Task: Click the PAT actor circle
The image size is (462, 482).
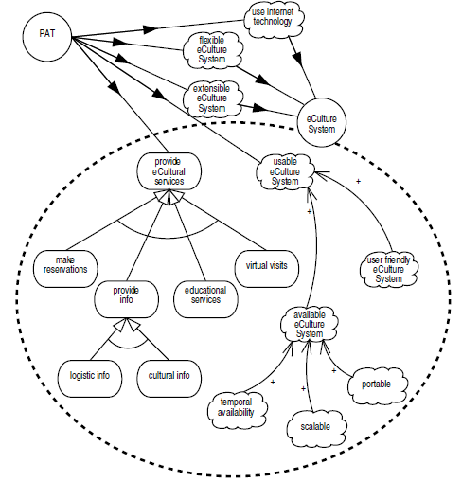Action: [x=47, y=37]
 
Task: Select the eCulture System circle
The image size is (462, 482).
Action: [x=322, y=122]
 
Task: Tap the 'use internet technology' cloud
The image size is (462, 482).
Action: [x=274, y=19]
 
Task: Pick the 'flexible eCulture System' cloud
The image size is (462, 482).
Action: [x=212, y=50]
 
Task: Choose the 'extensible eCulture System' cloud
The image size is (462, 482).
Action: [x=212, y=98]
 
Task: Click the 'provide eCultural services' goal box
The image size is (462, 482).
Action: [x=169, y=171]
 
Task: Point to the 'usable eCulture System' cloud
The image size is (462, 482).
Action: [x=285, y=171]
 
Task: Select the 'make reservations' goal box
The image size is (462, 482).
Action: [x=65, y=269]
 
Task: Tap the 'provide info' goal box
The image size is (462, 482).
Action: [x=126, y=299]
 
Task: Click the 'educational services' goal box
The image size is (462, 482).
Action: [x=205, y=299]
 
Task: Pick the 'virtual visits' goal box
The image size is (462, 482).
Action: [x=267, y=269]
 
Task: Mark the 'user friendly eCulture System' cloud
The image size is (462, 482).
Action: [x=389, y=269]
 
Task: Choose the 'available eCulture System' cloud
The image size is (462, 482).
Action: [x=310, y=324]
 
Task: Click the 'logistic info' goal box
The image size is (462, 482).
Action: [x=90, y=379]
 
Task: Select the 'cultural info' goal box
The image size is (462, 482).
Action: [x=169, y=379]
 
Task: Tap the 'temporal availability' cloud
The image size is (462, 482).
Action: [x=237, y=410]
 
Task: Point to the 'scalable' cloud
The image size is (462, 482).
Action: [x=316, y=429]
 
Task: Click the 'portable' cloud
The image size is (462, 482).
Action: [x=378, y=385]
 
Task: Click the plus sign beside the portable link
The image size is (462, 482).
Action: [x=334, y=370]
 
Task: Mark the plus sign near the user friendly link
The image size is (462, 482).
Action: [x=358, y=182]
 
